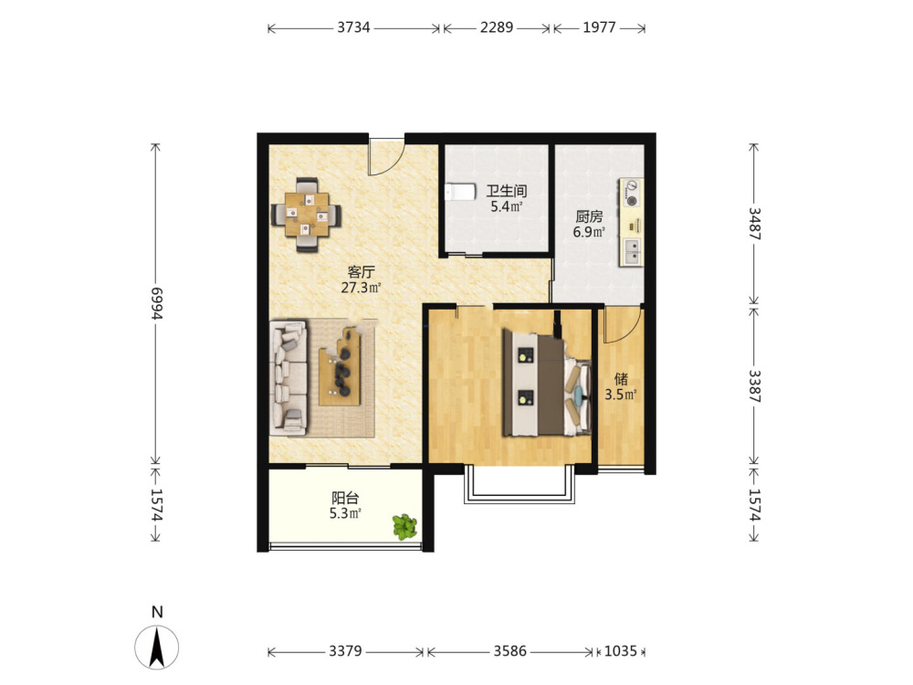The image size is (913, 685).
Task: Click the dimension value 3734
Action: [353, 28]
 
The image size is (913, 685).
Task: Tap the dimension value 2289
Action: [497, 28]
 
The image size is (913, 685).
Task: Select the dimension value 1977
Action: [599, 28]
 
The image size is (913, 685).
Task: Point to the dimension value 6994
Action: [156, 303]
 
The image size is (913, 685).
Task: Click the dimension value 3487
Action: [755, 224]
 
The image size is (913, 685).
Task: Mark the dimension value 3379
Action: [345, 650]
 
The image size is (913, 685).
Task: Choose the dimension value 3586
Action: [510, 650]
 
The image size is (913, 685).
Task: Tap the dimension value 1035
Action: [621, 650]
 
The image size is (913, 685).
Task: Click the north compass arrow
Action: [157, 647]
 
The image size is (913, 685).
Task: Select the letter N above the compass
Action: [157, 612]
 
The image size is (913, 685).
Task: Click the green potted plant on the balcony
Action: [404, 526]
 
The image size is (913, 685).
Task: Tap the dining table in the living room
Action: [307, 215]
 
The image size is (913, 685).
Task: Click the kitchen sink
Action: [631, 251]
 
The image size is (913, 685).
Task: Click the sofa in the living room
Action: [289, 377]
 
